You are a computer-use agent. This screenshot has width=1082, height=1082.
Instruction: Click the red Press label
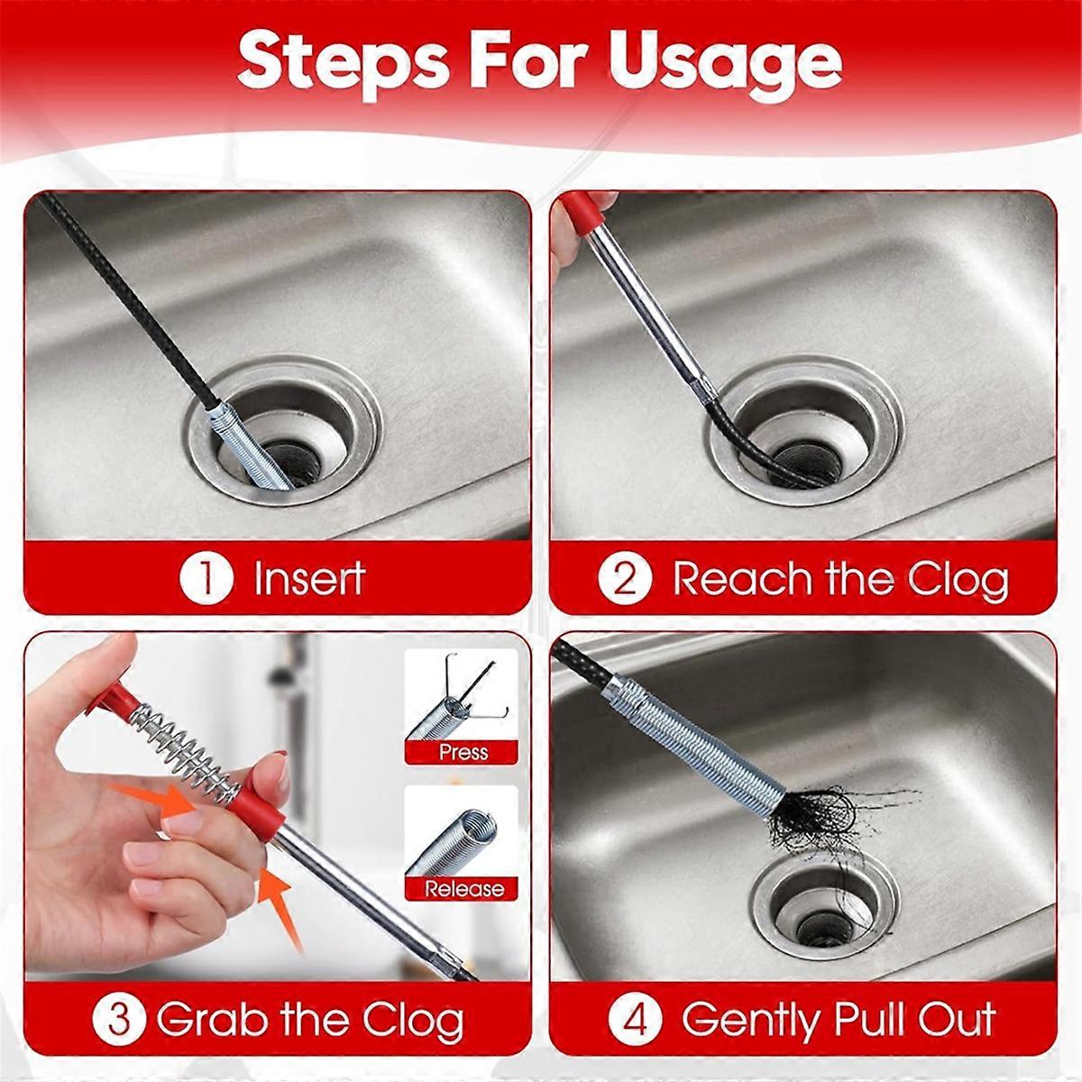[463, 752]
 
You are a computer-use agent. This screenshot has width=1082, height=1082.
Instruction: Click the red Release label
[464, 889]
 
